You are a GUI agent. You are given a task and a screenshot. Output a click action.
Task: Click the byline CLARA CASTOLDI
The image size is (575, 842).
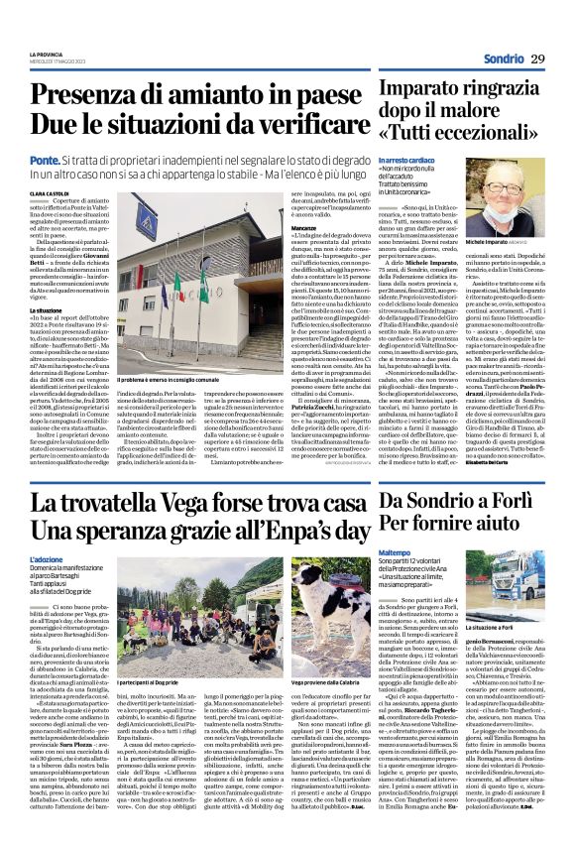[51, 193]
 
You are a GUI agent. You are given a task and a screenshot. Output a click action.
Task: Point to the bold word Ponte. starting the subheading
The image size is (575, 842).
[45, 159]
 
